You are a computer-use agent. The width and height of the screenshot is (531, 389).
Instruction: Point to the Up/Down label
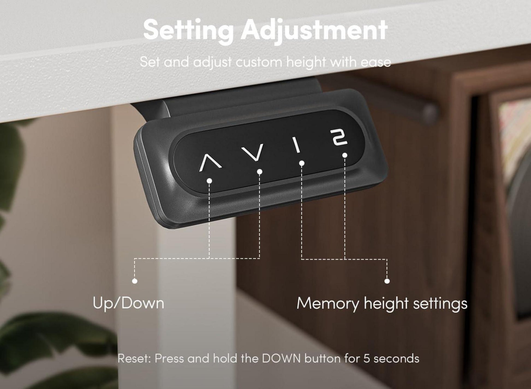point(128,303)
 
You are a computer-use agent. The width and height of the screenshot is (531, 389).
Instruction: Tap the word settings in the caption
point(440,304)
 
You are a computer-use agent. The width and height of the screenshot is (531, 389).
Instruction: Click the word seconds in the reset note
point(396,358)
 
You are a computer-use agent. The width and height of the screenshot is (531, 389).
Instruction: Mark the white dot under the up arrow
point(210,180)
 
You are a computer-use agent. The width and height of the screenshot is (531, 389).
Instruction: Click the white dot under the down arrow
point(260,171)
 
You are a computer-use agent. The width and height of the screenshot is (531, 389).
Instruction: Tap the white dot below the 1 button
point(302,163)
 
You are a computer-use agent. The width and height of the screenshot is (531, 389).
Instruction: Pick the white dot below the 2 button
point(345,155)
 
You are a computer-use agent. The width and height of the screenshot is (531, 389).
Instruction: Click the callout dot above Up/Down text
point(135,281)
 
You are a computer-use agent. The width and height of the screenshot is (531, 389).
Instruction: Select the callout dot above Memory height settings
point(387,281)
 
